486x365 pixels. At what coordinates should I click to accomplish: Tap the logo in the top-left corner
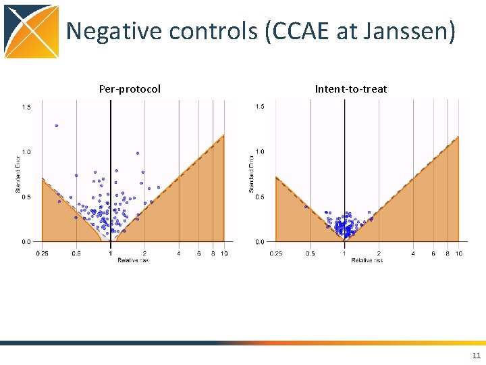coord(32,31)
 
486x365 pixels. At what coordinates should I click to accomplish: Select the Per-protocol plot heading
coord(130,89)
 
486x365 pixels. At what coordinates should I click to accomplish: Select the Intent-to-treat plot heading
coord(350,89)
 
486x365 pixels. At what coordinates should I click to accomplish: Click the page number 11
coord(477,356)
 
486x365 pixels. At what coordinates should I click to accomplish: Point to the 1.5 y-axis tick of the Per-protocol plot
coord(26,107)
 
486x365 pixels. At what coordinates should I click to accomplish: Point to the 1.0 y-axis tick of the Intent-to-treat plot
coord(260,151)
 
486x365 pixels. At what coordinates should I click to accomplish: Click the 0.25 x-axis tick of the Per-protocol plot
coord(42,253)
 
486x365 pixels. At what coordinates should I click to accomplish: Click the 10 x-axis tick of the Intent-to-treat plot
coord(458,253)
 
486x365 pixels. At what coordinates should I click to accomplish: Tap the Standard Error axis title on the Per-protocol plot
coord(18,174)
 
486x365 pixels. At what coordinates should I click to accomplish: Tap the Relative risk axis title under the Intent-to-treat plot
coord(365,260)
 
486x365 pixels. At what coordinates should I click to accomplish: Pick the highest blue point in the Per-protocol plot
coord(56,126)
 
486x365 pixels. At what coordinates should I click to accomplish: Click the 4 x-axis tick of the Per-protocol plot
coord(179,253)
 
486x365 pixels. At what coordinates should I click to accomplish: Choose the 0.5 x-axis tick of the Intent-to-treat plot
coord(310,253)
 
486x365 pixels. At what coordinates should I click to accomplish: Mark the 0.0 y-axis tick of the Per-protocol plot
coord(26,241)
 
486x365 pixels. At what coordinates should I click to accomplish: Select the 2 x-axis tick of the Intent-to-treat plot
coord(379,253)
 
